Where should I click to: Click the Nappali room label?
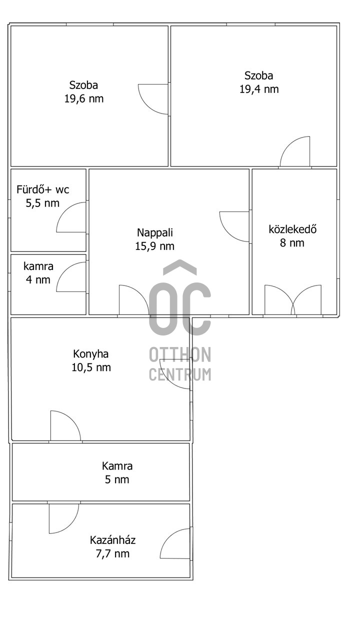tap(155, 233)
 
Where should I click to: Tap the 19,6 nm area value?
tap(83, 99)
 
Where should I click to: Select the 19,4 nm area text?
tap(259, 89)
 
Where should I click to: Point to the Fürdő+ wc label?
tap(43, 189)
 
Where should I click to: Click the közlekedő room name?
tap(292, 229)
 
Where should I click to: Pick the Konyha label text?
tap(91, 354)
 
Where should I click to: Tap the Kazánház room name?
tap(112, 540)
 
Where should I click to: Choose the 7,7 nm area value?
tap(112, 553)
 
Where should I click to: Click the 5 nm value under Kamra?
tap(117, 479)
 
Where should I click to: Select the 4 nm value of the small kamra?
tap(38, 279)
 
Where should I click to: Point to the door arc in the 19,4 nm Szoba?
tap(288, 144)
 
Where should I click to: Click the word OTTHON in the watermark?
tap(180, 354)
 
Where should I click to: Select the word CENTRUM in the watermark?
tap(180, 374)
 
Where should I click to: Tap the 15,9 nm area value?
tap(155, 246)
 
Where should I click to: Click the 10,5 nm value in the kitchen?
tap(91, 367)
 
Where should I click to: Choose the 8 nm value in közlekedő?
tap(292, 243)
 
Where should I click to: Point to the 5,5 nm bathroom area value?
tap(42, 203)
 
